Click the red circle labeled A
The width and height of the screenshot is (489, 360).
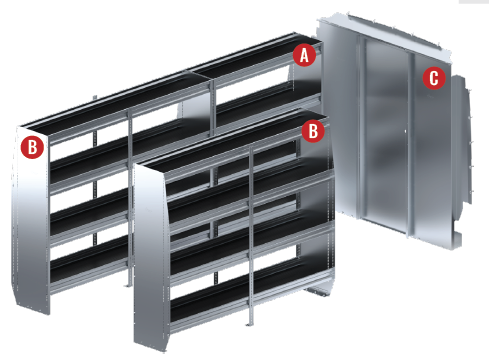click(x=304, y=55)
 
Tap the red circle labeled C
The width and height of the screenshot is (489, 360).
click(x=434, y=78)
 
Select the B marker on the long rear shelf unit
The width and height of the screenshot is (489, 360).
click(x=32, y=147)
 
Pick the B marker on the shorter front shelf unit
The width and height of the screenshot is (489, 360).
click(x=313, y=131)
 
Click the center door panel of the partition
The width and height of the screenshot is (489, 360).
click(x=386, y=133)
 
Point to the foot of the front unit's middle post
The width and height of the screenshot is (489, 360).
click(x=250, y=323)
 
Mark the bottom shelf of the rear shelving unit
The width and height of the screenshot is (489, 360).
click(x=88, y=267)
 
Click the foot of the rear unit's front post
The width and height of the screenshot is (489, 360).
click(x=128, y=285)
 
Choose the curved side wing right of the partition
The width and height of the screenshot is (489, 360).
click(x=462, y=140)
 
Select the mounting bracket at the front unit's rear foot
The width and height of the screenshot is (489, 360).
click(x=319, y=292)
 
